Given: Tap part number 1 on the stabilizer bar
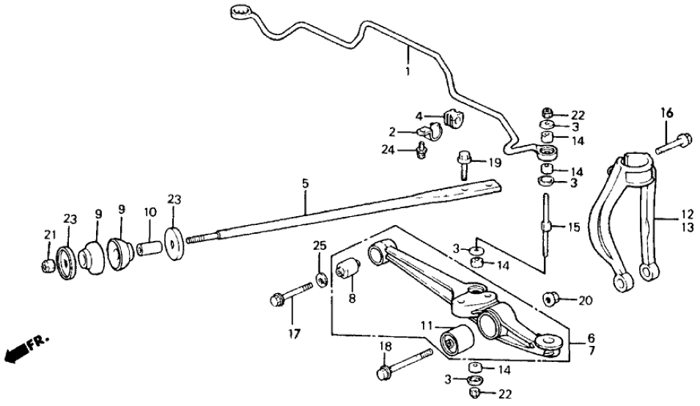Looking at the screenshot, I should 408,72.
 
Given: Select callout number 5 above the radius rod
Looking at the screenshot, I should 302,182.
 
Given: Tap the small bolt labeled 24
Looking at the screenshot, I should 421,150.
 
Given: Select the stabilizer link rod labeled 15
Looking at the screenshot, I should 546,226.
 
